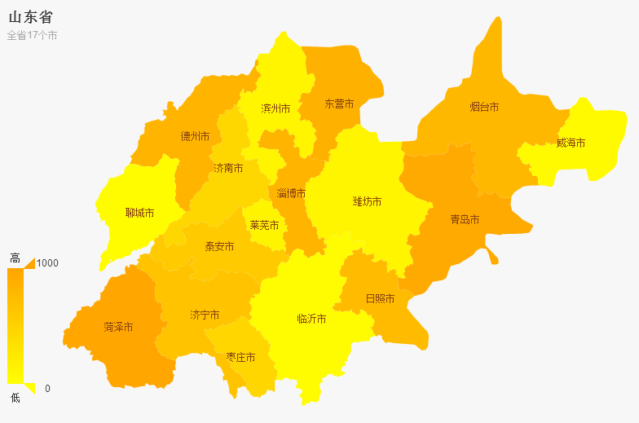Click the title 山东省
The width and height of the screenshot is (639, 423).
[x=31, y=17]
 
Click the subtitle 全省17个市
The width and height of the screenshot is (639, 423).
[x=32, y=36]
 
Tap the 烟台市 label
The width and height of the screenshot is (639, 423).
[x=484, y=107]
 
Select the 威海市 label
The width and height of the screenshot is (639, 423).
[x=571, y=143]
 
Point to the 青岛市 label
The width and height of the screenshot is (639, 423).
[x=465, y=219]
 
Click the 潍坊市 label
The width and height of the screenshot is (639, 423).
[x=367, y=201]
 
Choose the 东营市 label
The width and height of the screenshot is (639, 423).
[x=339, y=104]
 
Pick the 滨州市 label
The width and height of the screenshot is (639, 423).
[x=275, y=108]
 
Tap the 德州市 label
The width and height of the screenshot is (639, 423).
[x=195, y=136]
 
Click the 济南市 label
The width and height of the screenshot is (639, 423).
[x=228, y=168]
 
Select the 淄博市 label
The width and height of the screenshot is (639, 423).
[x=291, y=193]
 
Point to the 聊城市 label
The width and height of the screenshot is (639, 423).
[x=139, y=213]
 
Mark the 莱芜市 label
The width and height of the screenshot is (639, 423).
[x=264, y=225]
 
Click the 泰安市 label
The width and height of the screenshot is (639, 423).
[x=219, y=246]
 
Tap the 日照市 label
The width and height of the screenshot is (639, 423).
[x=380, y=298]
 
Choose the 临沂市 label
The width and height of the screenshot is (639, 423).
[x=311, y=319]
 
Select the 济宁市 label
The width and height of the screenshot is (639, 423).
[x=204, y=315]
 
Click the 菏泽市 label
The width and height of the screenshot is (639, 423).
[x=118, y=327]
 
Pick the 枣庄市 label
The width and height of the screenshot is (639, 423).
[x=240, y=357]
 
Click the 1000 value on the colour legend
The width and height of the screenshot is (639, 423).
[x=47, y=263]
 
